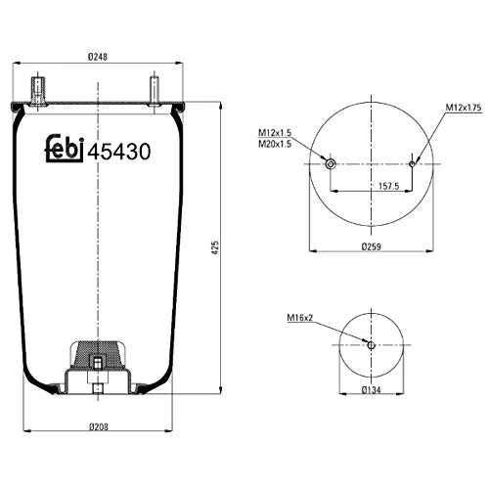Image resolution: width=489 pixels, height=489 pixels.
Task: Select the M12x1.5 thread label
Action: point(278,133)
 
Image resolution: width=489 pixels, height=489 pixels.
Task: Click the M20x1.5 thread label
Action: point(278,145)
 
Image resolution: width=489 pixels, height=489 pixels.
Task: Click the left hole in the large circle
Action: point(331,162)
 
